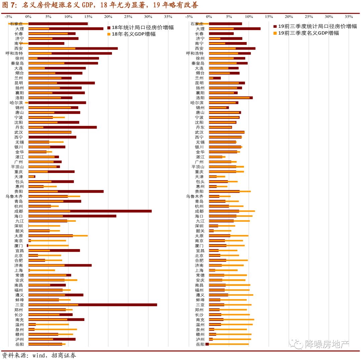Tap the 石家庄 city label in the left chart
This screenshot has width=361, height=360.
(16, 24)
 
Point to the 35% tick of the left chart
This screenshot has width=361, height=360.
(168, 16)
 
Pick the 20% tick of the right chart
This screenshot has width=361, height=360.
(289, 16)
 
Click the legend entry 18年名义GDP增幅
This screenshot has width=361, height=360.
(133, 34)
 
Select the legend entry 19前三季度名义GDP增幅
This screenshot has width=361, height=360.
(308, 33)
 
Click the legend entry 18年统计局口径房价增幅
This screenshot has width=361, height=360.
(142, 27)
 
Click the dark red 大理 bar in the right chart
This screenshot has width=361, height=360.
(247, 29)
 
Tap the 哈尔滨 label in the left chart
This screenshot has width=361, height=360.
(16, 103)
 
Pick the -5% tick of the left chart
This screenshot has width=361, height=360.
(9, 16)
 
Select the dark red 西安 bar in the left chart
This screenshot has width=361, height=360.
(97, 48)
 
